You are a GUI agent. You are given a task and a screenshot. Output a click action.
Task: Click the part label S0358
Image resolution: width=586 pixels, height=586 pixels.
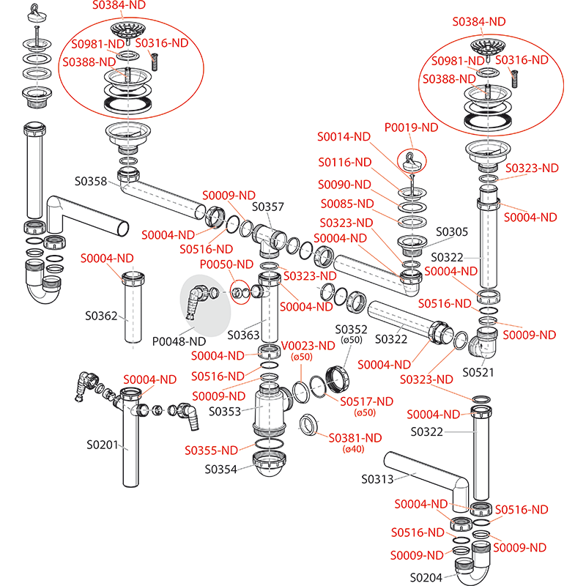pos(91,181)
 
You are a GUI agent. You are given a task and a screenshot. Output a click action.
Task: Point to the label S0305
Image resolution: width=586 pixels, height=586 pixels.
pos(452,231)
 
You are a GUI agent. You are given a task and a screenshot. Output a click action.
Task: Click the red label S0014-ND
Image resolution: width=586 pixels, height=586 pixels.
pos(344,137)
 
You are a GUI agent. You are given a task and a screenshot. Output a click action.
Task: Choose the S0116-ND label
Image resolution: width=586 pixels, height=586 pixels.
pos(344,162)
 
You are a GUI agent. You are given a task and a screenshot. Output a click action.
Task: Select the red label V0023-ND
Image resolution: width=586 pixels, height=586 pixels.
pos(308,345)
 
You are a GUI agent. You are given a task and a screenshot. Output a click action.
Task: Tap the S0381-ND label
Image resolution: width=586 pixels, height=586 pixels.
pos(355,438)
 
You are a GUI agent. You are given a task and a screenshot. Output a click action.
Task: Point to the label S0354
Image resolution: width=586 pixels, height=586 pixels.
pos(221,469)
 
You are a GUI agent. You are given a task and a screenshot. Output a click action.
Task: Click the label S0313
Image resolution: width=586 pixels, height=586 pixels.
pos(378,479)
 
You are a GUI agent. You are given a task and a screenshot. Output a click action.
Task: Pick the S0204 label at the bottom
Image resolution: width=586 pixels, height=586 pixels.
pos(426,576)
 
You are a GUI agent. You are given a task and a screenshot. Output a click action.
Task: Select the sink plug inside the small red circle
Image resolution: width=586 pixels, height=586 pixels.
pos(412,160)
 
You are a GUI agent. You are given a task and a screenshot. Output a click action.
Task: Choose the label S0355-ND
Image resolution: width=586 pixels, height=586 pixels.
pos(211,450)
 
